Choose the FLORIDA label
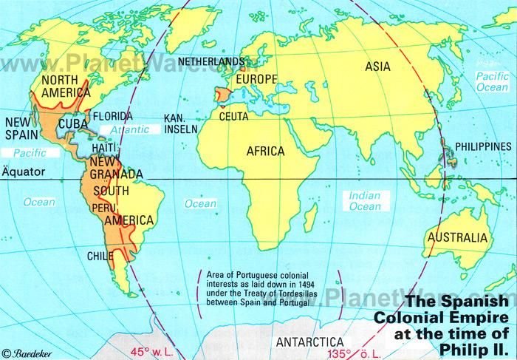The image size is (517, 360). (x=112, y=116)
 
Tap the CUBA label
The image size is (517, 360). (x=70, y=123)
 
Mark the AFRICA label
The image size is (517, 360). (x=266, y=151)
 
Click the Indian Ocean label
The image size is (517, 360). (x=364, y=202)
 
